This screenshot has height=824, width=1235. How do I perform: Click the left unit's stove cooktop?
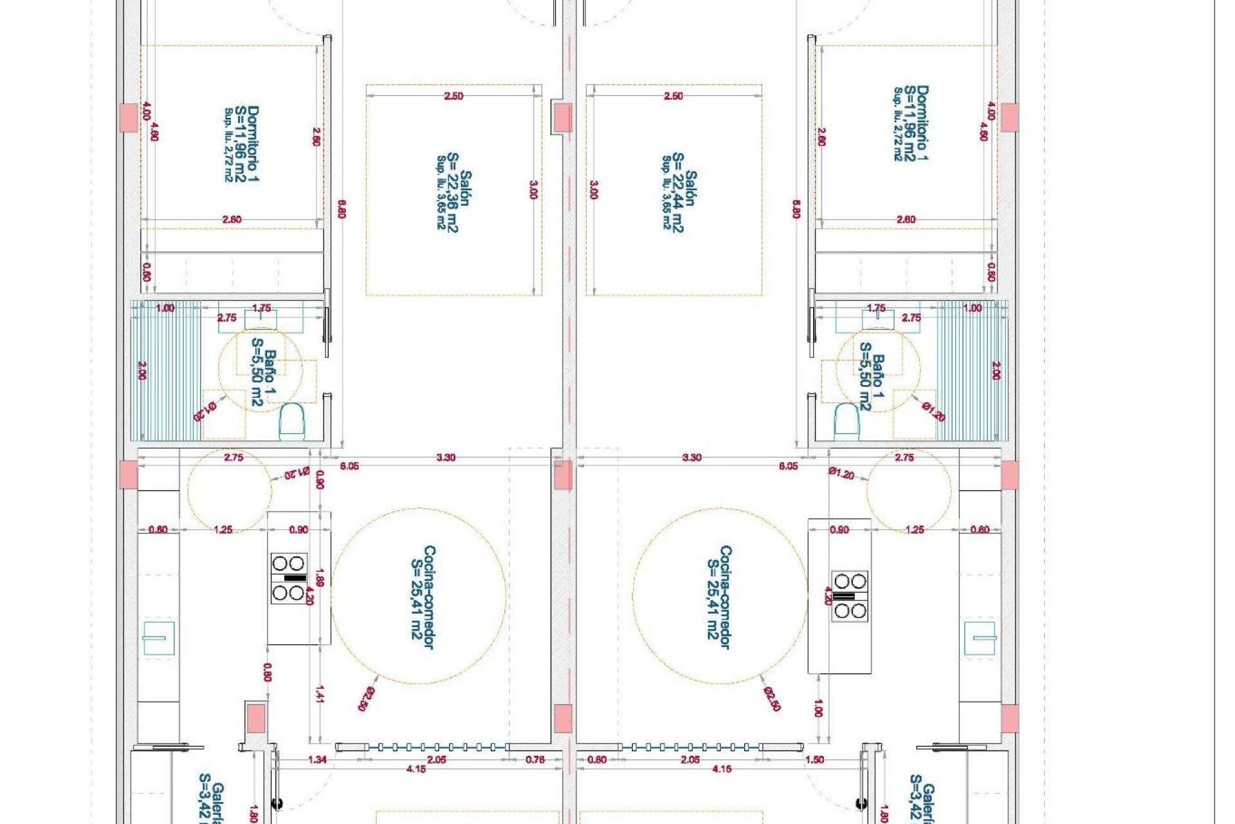(288, 578)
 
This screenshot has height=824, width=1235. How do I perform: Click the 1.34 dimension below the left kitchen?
(317, 760)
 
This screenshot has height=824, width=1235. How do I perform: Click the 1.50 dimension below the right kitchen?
(814, 760)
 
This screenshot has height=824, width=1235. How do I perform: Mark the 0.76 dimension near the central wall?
(535, 760)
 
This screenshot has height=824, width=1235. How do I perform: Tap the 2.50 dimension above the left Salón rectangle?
(453, 96)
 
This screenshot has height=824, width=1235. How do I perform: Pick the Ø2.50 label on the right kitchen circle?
(772, 698)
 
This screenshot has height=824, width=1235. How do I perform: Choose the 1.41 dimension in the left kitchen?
(320, 693)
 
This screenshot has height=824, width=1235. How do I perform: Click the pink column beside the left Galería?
(255, 716)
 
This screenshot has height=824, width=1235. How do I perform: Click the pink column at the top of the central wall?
(563, 117)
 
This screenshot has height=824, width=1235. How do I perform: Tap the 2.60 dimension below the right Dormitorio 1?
(905, 220)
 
